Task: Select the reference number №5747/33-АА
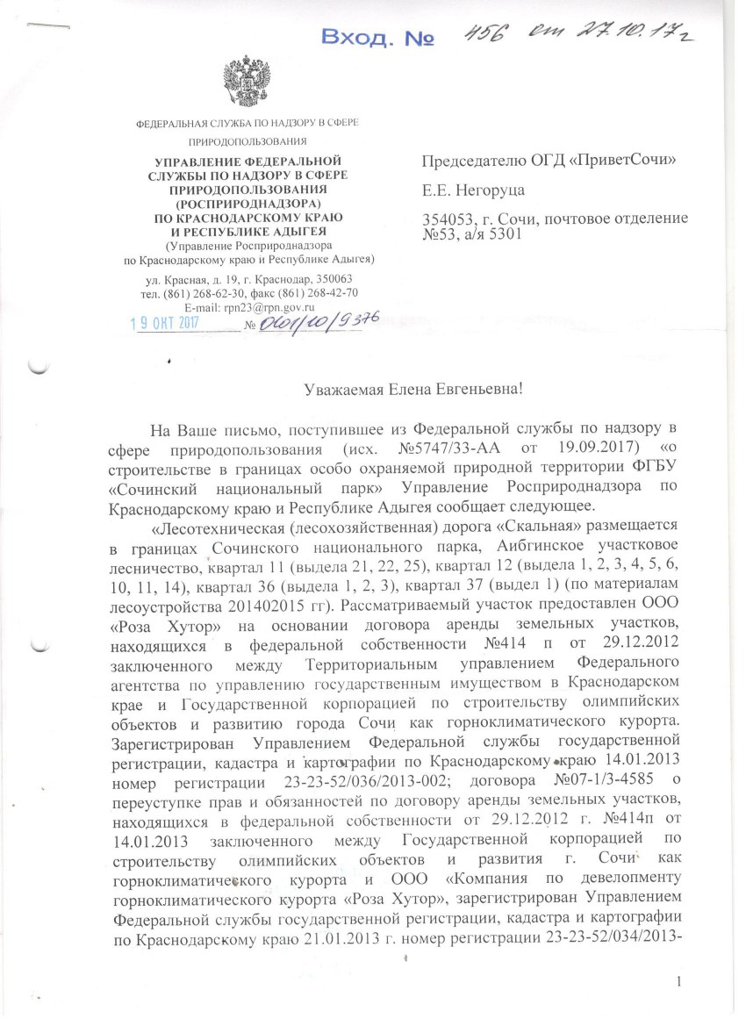pyautogui.click(x=398, y=448)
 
